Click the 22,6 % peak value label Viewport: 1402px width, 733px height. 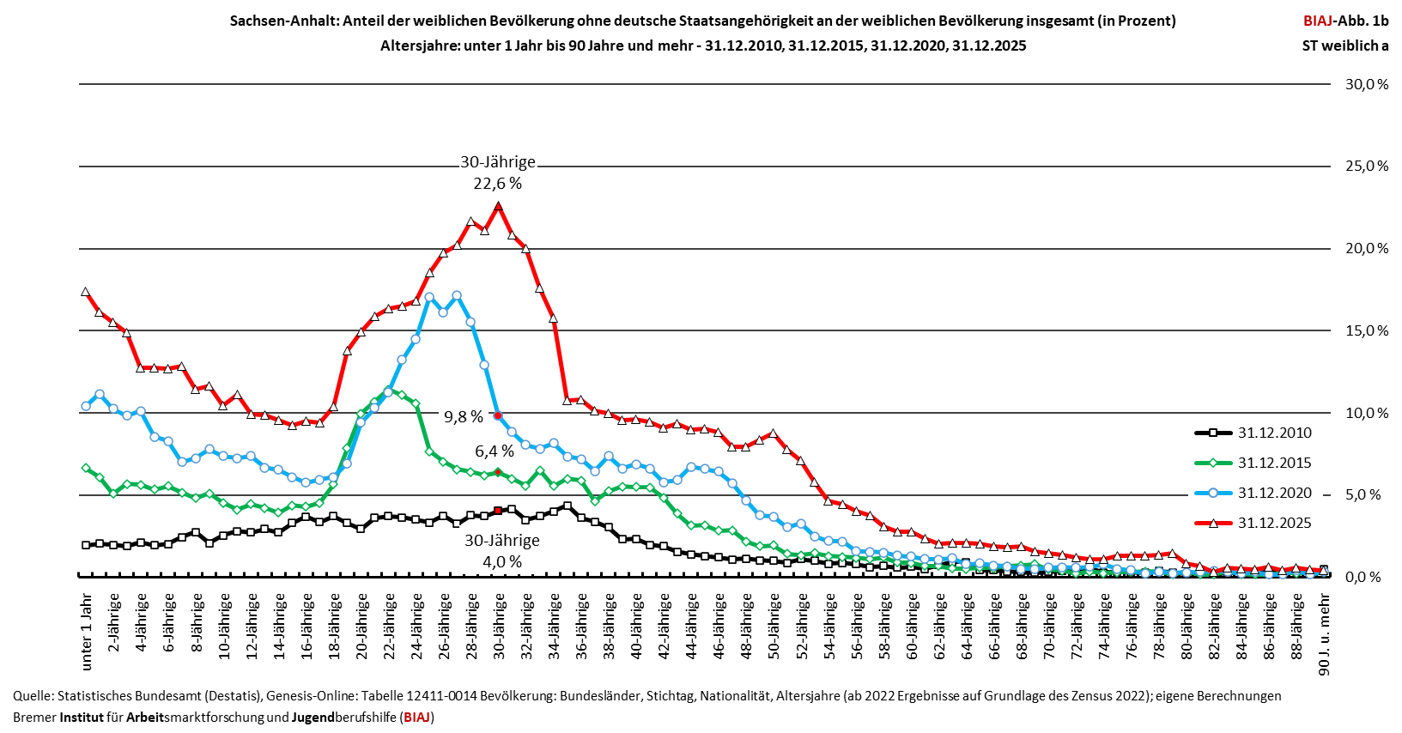pos(497,184)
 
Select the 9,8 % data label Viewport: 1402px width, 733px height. pos(463,417)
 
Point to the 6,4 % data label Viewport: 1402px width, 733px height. pos(494,451)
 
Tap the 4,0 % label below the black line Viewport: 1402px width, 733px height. pos(502,562)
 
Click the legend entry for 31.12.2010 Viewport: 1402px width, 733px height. pos(1253,433)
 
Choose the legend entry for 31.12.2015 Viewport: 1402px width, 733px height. pos(1253,463)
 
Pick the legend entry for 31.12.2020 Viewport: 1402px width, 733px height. pos(1253,493)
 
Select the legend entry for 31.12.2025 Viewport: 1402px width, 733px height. pos(1253,523)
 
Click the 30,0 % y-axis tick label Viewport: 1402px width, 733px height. pos(1366,84)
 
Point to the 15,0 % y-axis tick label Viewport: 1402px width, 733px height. pos(1366,331)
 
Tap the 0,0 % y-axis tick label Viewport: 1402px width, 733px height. pos(1366,577)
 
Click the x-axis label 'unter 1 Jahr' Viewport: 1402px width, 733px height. pos(87,632)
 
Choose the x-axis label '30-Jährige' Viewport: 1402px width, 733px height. pos(499,627)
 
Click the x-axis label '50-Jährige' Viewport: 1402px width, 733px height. pos(774,627)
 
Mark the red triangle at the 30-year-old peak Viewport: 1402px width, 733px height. pos(498,205)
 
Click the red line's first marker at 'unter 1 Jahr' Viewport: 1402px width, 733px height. pos(85,292)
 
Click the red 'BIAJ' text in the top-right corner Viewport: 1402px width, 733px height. pos(1318,21)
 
